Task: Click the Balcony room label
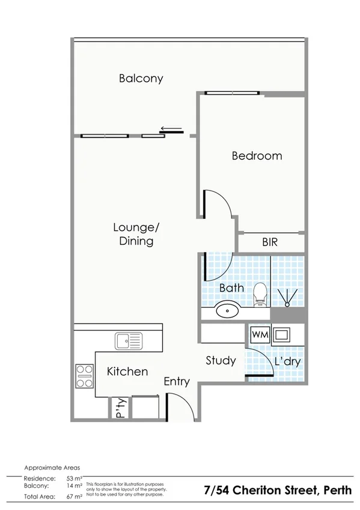point(141,78)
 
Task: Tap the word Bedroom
point(257,156)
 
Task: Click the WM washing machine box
point(260,334)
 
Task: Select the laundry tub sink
point(282,334)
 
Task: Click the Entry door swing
point(179,407)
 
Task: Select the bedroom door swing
point(218,204)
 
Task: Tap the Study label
point(221,360)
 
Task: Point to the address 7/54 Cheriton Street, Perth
point(277,490)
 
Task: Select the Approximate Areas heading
point(52,467)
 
